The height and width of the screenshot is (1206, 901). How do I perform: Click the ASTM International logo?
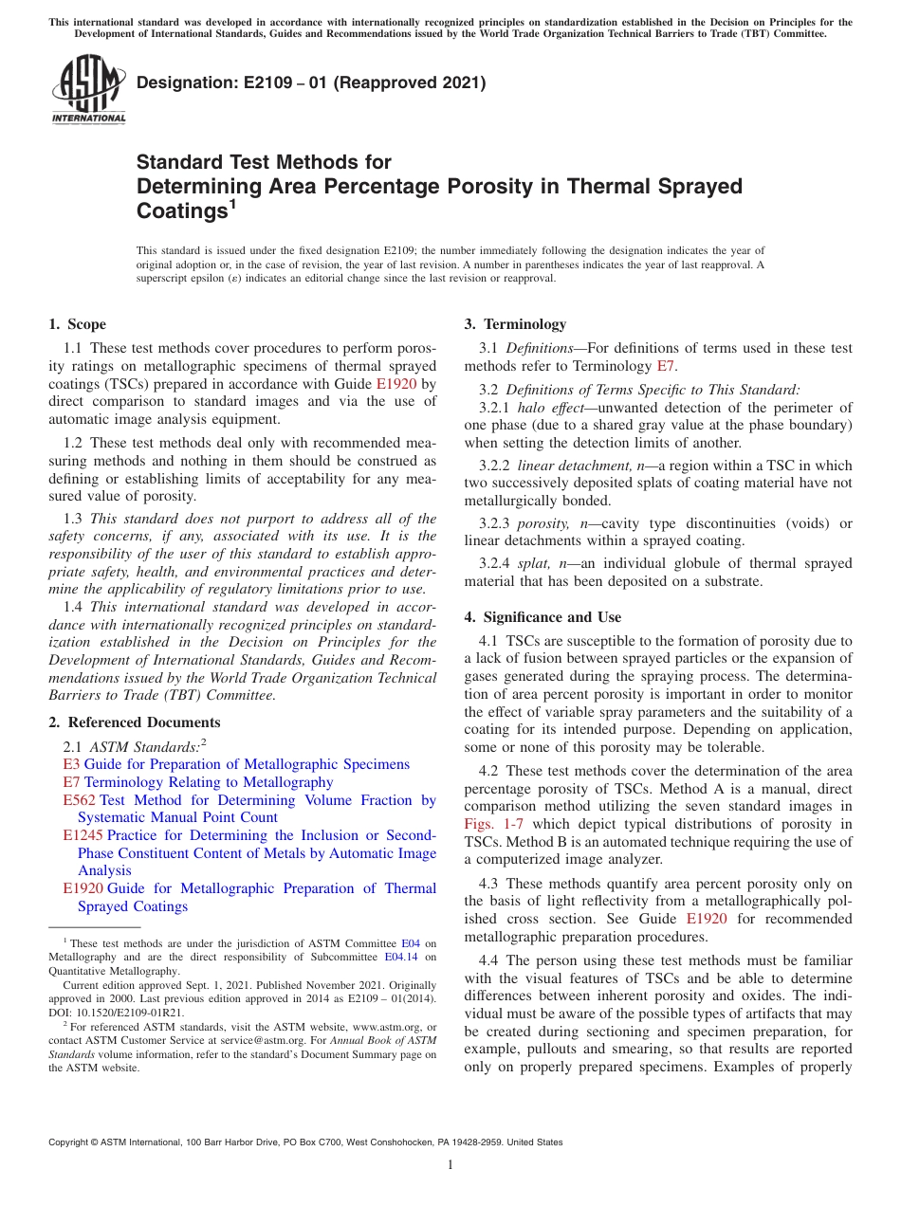88,90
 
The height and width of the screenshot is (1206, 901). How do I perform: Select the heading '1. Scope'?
78,324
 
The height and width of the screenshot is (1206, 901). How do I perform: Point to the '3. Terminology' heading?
515,324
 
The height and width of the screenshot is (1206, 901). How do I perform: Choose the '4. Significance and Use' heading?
542,617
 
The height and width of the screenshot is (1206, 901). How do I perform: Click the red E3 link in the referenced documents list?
71,764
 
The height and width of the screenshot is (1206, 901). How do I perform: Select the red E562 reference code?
79,800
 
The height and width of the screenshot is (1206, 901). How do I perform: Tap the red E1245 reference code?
83,835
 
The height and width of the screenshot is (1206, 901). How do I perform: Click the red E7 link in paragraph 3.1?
667,366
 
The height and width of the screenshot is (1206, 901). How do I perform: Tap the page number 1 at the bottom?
450,1164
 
